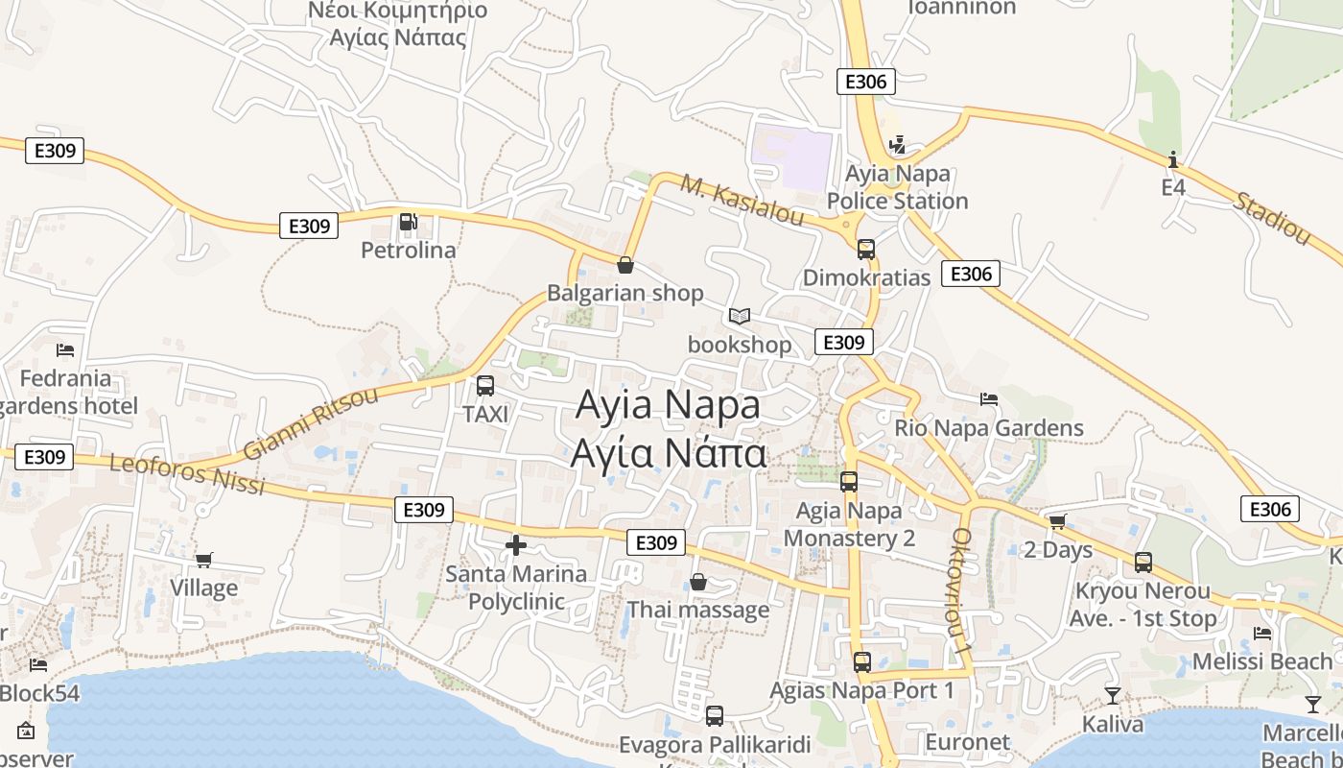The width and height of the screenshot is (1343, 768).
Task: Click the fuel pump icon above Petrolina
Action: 408,223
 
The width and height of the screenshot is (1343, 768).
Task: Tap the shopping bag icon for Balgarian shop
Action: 625,265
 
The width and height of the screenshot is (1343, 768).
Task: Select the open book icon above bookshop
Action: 739,316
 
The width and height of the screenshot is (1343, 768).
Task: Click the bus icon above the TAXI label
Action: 485,386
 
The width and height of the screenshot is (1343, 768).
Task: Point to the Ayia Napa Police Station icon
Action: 897,145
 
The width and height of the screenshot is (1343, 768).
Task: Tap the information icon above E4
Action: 1173,159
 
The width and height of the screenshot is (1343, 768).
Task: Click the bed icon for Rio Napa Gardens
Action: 989,399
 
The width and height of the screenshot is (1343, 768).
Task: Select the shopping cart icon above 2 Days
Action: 1057,521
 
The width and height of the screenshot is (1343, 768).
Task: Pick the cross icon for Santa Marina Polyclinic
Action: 516,545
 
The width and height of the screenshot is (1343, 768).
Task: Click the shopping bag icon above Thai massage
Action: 698,582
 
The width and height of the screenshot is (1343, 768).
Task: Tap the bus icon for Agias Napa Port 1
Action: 862,661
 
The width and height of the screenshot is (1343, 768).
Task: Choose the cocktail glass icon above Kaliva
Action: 1113,695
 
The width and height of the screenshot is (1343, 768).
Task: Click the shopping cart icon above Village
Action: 203,560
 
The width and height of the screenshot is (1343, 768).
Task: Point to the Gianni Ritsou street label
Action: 311,423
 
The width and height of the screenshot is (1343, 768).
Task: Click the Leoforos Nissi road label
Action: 187,474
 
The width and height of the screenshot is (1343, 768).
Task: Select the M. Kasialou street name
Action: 742,200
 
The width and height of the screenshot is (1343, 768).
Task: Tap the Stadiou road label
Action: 1272,218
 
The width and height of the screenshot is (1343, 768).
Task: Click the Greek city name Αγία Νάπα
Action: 669,453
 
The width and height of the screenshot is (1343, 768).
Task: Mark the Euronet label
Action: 967,742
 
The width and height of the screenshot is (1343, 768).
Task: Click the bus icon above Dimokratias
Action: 866,250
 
